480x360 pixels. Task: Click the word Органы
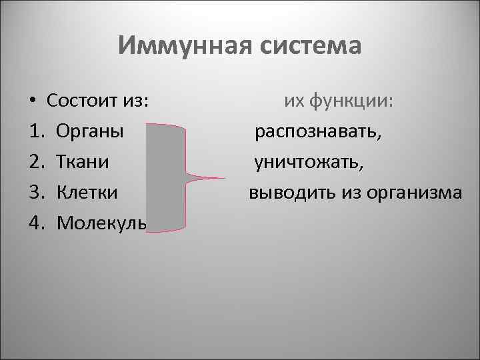click(x=90, y=131)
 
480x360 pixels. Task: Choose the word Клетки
click(x=87, y=192)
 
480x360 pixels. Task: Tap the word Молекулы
click(x=101, y=222)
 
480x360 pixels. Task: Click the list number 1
click(x=35, y=131)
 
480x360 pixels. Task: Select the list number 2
click(x=35, y=161)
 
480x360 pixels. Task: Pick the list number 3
click(x=35, y=192)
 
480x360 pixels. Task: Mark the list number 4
click(x=35, y=222)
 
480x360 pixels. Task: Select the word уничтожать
click(x=309, y=162)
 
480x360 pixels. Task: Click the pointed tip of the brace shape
click(x=224, y=178)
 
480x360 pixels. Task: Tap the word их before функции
click(x=294, y=101)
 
